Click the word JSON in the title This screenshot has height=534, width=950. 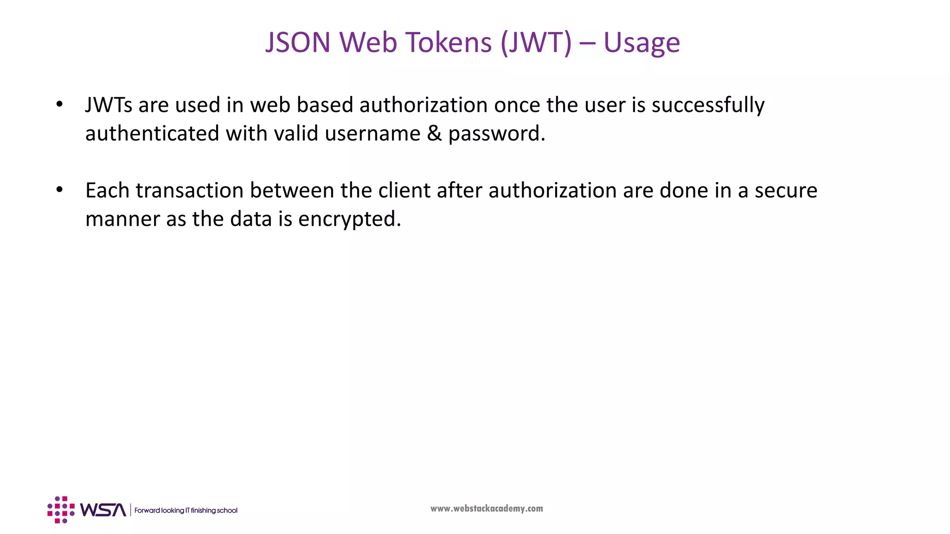tap(297, 43)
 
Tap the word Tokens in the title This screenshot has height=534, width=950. tap(448, 43)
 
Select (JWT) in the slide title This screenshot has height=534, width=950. tap(536, 43)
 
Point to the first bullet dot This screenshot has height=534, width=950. tap(59, 104)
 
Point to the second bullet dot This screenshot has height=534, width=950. tap(59, 190)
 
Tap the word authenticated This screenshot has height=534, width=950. tap(152, 133)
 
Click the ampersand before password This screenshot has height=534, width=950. tap(434, 133)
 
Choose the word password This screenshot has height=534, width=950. tap(496, 134)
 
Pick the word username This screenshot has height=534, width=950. tap(372, 133)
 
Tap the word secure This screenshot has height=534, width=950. tap(786, 191)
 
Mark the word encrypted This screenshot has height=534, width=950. tap(349, 219)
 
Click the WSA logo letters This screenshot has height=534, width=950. tap(103, 510)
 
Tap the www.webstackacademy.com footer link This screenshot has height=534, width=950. tap(487, 509)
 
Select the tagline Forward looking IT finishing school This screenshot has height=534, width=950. tap(186, 510)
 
